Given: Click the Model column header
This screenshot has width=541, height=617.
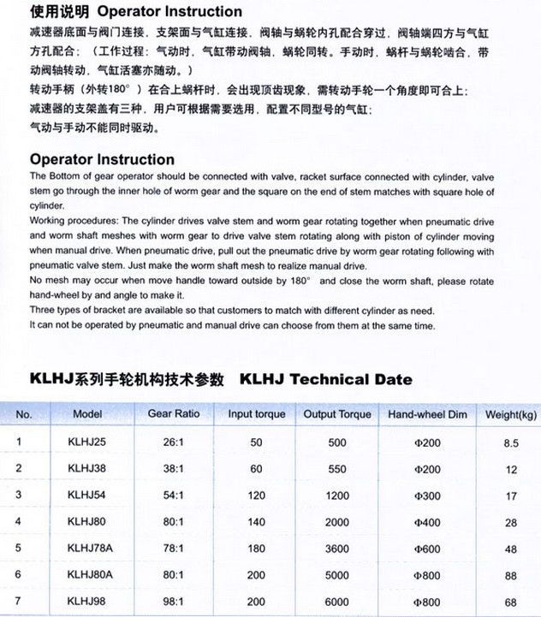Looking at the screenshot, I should (x=88, y=414).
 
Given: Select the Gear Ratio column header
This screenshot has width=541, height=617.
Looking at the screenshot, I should (x=174, y=414).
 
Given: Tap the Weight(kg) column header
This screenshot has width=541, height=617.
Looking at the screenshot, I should (x=511, y=415).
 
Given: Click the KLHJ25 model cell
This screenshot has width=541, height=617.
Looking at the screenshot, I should (x=87, y=442).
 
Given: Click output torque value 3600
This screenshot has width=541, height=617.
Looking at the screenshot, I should (x=337, y=549).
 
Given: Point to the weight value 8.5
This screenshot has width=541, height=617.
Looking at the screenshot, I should (x=512, y=443).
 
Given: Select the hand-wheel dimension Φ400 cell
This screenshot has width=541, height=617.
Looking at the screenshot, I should (x=426, y=522).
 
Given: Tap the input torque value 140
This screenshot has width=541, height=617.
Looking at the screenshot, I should (x=256, y=522).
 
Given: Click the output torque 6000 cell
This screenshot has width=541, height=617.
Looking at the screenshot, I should (x=337, y=602).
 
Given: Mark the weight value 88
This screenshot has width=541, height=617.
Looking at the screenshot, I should (x=511, y=575).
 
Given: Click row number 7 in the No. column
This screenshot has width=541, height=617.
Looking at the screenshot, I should (x=20, y=601).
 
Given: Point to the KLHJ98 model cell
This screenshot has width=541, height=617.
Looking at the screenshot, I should (x=87, y=602).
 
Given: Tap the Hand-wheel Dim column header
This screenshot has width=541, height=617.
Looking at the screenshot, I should (x=427, y=414).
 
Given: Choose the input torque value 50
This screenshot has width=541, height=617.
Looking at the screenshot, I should (x=256, y=442).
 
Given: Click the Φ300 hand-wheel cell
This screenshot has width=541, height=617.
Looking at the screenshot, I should (x=426, y=495).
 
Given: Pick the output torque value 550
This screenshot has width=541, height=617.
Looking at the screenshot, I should (x=337, y=469).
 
